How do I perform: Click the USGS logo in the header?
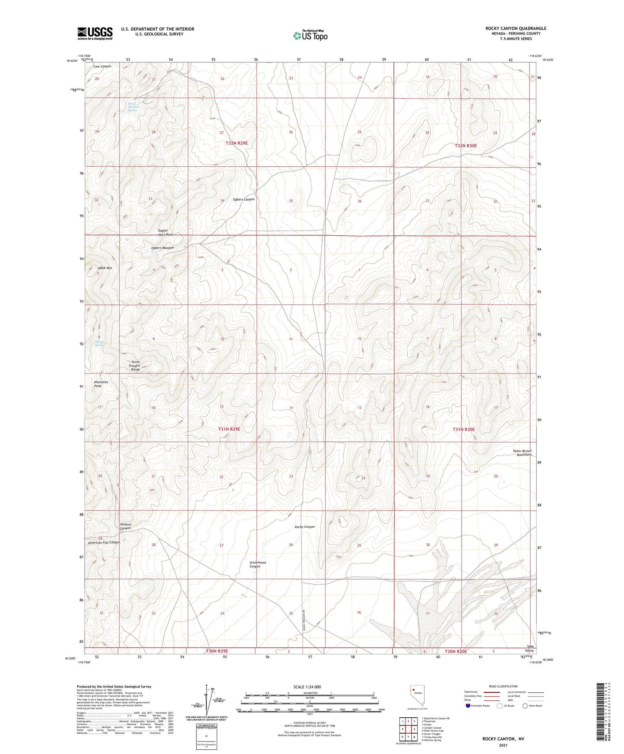pyautogui.click(x=95, y=33)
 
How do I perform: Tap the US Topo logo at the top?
pyautogui.click(x=310, y=35)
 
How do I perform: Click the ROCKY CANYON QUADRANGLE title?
pyautogui.click(x=516, y=29)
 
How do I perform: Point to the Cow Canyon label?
pyautogui.click(x=102, y=67)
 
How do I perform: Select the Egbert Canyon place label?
pyautogui.click(x=244, y=200)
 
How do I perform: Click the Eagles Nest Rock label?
pyautogui.click(x=165, y=232)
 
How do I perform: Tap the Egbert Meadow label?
pyautogui.click(x=162, y=248)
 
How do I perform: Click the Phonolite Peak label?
pyautogui.click(x=101, y=384)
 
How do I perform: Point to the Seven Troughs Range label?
pyautogui.click(x=135, y=366)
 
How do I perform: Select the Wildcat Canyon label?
pyautogui.click(x=125, y=526)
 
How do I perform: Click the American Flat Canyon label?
pyautogui.click(x=104, y=542)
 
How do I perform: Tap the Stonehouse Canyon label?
pyautogui.click(x=257, y=564)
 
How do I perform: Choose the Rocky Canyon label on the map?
pyautogui.click(x=304, y=527)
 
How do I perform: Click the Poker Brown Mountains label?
pyautogui.click(x=523, y=453)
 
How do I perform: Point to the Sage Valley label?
pyautogui.click(x=529, y=649)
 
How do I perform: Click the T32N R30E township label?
pyautogui.click(x=466, y=146)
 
